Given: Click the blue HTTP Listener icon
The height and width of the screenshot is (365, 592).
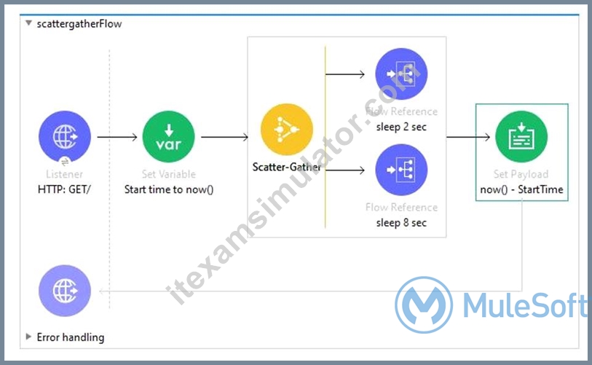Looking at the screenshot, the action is coord(65,136).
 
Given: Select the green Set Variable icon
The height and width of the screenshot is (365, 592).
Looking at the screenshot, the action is coord(168,136).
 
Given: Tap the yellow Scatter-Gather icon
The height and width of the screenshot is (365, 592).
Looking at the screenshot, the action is coord(287,129).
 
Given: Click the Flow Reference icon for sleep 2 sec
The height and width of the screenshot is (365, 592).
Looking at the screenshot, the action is coord(401,74).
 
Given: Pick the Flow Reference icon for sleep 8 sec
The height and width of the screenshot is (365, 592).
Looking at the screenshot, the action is coord(401,170).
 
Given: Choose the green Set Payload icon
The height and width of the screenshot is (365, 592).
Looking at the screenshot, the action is coord(521,136).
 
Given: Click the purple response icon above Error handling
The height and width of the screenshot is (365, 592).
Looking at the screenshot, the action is coord(65,291).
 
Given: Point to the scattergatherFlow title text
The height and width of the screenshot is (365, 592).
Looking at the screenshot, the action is coord(79,24).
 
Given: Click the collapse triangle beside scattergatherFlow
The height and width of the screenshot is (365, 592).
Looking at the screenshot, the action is coord(28,23).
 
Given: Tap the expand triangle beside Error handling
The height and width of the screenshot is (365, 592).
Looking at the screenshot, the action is coord(28,337).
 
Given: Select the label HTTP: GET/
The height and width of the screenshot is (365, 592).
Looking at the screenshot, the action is coord(64,189).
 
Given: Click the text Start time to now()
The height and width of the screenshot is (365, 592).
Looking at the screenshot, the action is coord(169,189).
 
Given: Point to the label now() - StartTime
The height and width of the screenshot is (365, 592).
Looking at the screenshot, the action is coord(521,189).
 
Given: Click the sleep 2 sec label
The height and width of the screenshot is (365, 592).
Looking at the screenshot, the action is coord(401,127).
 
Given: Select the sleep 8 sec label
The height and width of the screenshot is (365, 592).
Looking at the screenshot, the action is coord(401,222).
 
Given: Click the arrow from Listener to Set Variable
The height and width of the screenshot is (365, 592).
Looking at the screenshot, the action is coord(117,137).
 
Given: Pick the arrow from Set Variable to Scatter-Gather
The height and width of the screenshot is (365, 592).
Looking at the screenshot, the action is coord(225,137).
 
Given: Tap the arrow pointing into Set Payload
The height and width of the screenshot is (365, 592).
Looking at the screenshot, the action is coord(468,137).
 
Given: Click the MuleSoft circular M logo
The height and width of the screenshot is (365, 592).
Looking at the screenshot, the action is coord(424,305).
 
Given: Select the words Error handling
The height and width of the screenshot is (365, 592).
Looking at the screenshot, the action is coord(71,337).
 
